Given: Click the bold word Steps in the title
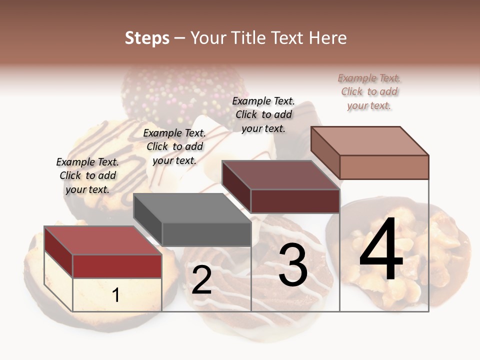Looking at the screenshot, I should [147, 38].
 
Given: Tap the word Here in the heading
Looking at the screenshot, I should [327, 38].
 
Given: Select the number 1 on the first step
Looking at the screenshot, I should [116, 295].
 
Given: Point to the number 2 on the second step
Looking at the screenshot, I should [201, 279].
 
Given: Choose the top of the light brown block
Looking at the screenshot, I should [370, 141].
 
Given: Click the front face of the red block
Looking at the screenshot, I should [117, 266].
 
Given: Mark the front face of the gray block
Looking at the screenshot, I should [206, 234].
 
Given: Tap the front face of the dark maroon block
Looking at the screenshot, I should [295, 201].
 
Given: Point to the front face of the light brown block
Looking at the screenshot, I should [384, 167].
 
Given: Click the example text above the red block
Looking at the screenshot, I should [87, 175].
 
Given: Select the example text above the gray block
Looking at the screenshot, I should [174, 146].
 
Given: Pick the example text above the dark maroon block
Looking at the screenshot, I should [263, 114].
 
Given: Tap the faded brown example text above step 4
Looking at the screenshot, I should [369, 91].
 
